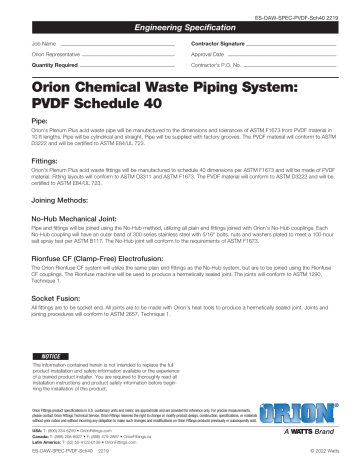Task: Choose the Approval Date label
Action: [210, 57]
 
